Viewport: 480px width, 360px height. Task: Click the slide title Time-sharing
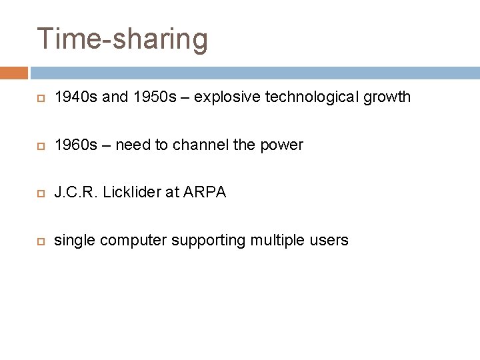123,39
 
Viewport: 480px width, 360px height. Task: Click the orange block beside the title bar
13,73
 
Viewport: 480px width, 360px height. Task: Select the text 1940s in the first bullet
75,97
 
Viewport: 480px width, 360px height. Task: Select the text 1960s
75,145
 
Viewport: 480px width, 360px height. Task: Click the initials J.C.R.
75,193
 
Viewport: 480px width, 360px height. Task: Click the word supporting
209,241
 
